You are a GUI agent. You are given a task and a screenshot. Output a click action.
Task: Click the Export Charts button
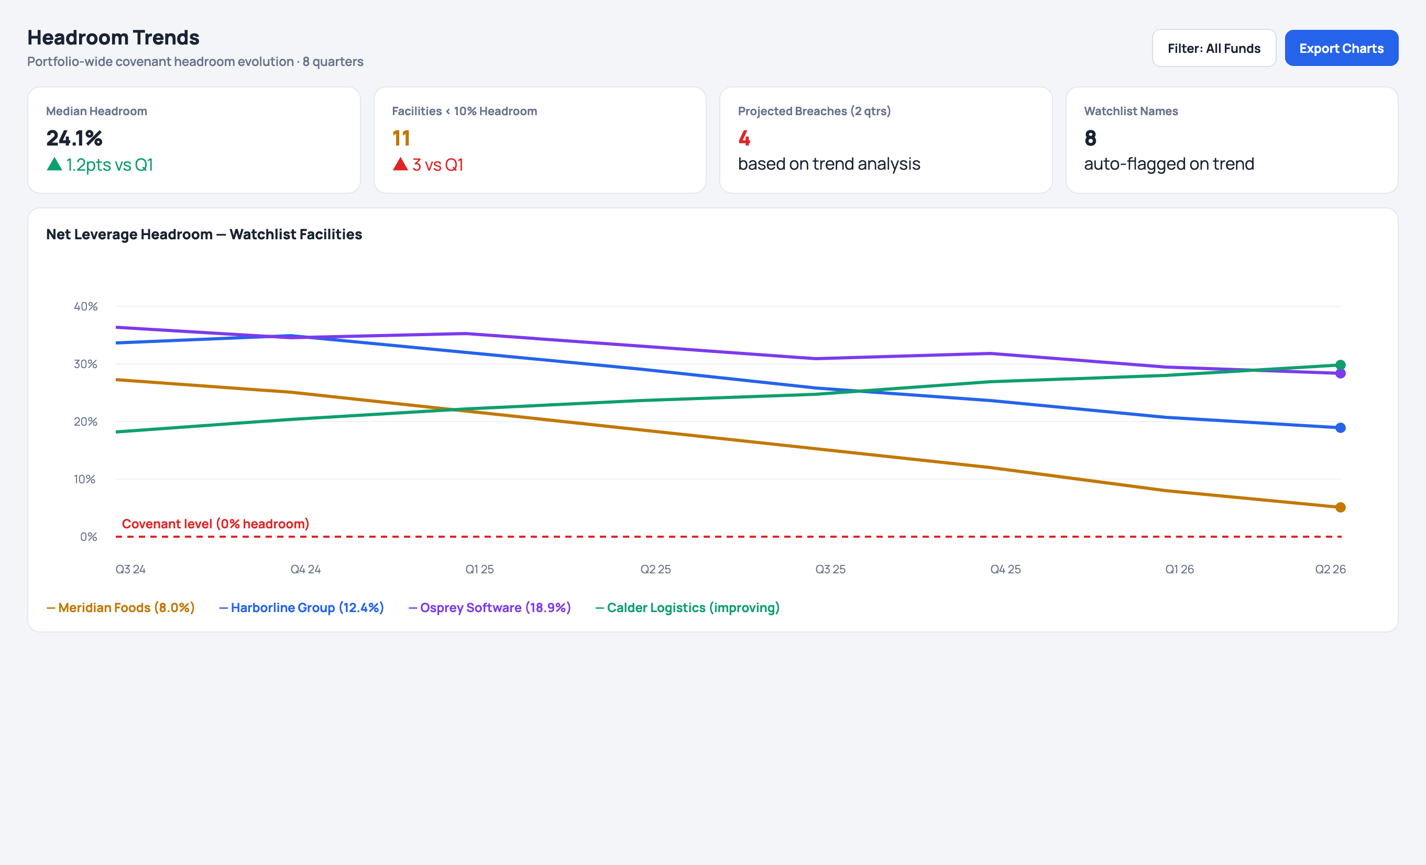(x=1341, y=48)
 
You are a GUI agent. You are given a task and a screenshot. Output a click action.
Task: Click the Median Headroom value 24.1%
(x=74, y=138)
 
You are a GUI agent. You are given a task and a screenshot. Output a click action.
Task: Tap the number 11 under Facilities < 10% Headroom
(x=401, y=138)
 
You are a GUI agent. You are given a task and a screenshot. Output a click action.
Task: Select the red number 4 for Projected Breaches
(x=744, y=138)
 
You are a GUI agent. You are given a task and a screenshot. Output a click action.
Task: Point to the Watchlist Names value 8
(x=1090, y=138)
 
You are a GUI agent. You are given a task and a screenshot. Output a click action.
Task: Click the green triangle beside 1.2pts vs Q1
(x=54, y=164)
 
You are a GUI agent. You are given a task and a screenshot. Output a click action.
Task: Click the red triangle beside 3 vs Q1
(x=400, y=164)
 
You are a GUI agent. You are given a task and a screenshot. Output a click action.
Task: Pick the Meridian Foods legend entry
(x=120, y=607)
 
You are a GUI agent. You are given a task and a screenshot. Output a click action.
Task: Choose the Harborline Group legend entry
(x=302, y=607)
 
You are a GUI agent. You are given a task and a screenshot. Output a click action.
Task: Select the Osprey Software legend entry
(x=490, y=607)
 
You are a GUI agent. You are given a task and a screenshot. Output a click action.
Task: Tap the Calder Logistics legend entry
(x=687, y=607)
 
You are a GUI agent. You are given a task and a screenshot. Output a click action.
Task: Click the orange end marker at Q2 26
(x=1341, y=507)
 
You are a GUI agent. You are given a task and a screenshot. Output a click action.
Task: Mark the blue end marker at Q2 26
(x=1341, y=428)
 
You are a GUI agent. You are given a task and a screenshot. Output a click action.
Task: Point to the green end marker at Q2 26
(x=1341, y=364)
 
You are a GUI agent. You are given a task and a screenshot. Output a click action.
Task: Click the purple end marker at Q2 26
(x=1341, y=374)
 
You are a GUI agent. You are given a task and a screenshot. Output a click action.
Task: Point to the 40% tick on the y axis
(x=85, y=307)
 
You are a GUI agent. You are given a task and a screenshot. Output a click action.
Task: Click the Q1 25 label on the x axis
(x=480, y=569)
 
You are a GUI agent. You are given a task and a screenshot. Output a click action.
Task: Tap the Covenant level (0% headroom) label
(x=215, y=524)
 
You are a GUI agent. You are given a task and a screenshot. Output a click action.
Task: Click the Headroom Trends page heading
(x=114, y=38)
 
